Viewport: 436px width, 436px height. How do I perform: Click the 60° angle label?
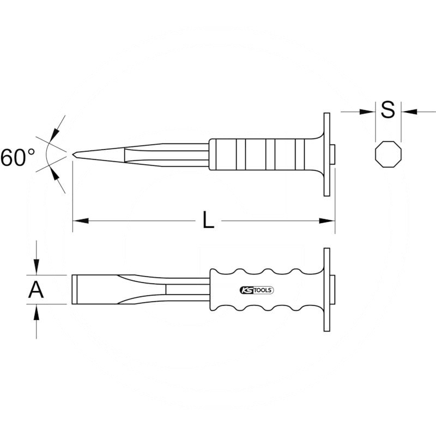[17, 158]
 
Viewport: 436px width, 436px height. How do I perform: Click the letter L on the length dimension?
[208, 220]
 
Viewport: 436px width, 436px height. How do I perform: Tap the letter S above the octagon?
[387, 111]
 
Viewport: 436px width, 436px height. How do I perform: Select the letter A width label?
[36, 290]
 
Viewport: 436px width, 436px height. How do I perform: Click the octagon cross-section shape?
[388, 155]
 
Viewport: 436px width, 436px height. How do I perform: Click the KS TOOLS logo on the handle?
[256, 290]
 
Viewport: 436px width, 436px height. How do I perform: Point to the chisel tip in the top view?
[74, 154]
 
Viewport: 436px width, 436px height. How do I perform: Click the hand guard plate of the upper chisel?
[326, 155]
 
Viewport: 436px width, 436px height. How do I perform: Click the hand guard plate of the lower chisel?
[326, 289]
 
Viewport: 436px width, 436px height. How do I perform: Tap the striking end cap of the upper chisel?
[333, 155]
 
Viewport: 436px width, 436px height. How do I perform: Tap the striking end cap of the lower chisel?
[333, 289]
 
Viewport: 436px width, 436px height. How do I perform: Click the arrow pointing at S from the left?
[368, 111]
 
